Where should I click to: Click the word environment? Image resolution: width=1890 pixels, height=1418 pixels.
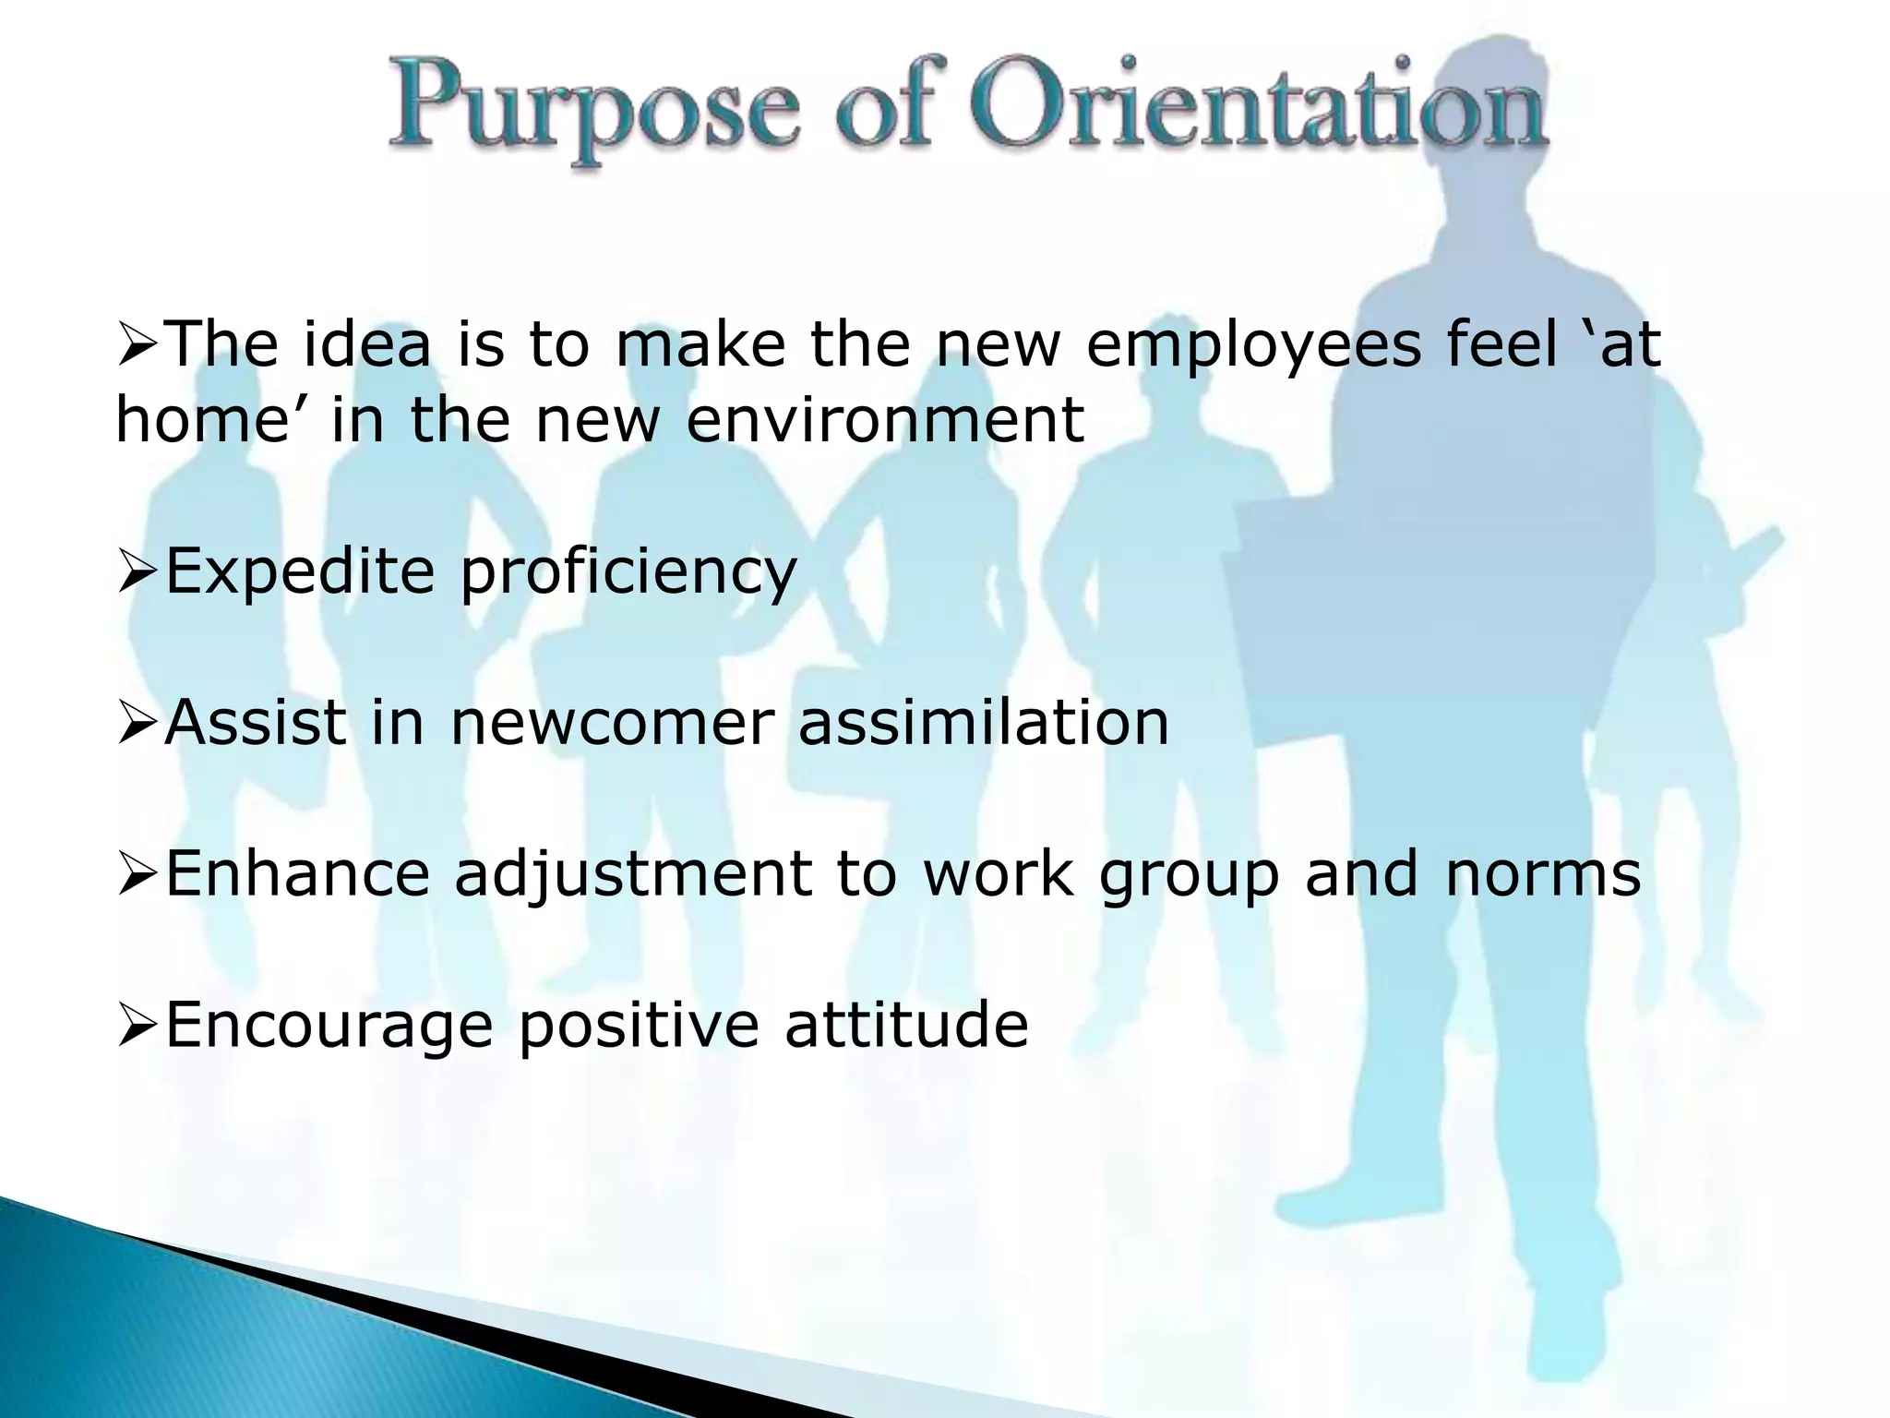(885, 421)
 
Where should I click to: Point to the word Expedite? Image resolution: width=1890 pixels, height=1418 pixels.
(300, 572)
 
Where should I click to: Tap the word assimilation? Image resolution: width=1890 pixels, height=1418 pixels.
(984, 723)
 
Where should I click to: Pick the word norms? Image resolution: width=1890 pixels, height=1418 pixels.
(1543, 873)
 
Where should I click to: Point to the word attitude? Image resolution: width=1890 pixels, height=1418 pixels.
(906, 1024)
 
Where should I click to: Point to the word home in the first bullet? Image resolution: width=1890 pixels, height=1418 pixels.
(197, 421)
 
